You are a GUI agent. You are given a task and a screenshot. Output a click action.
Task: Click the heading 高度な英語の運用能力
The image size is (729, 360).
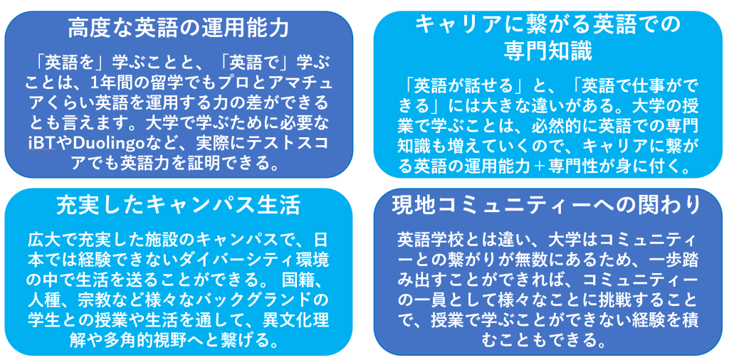pyautogui.click(x=179, y=28)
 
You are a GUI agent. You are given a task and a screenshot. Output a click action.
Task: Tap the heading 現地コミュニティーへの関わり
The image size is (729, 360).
pyautogui.click(x=546, y=206)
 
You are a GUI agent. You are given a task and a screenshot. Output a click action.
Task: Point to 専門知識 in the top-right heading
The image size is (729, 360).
pyautogui.click(x=548, y=53)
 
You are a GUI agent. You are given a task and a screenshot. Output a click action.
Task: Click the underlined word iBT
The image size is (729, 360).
pyautogui.click(x=42, y=143)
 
